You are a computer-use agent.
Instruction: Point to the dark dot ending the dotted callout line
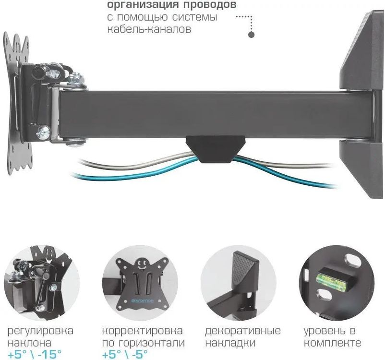point(251,35)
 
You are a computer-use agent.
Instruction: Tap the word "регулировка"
point(41,331)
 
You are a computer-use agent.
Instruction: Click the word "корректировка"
point(142,331)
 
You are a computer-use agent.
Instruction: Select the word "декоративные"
point(242,331)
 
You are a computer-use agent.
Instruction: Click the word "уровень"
point(325,331)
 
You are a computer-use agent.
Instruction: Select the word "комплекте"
point(332,343)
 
